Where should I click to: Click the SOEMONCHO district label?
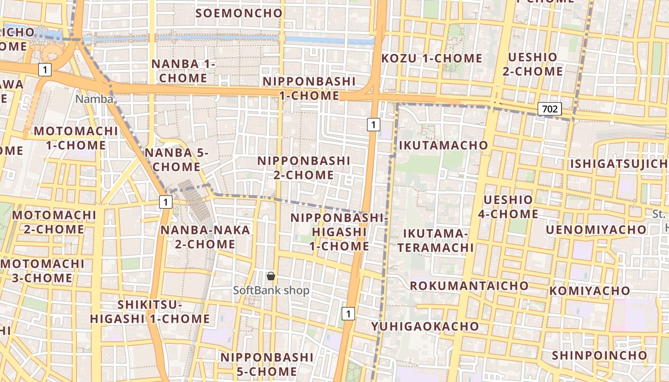click(239, 13)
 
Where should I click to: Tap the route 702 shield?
click(550, 109)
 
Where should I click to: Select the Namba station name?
click(95, 99)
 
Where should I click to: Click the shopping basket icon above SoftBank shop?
click(271, 276)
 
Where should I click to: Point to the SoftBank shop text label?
click(271, 290)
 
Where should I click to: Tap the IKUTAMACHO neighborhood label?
click(443, 145)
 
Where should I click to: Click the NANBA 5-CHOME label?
click(173, 159)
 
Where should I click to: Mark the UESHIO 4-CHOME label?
click(508, 207)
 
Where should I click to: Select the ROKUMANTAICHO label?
click(469, 286)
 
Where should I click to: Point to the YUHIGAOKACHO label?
click(425, 327)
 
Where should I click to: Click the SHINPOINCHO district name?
click(599, 355)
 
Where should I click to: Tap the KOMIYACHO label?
click(590, 291)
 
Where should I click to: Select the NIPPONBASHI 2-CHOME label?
click(304, 168)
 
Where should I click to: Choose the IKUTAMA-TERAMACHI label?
click(435, 241)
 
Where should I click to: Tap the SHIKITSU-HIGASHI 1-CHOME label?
click(150, 312)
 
